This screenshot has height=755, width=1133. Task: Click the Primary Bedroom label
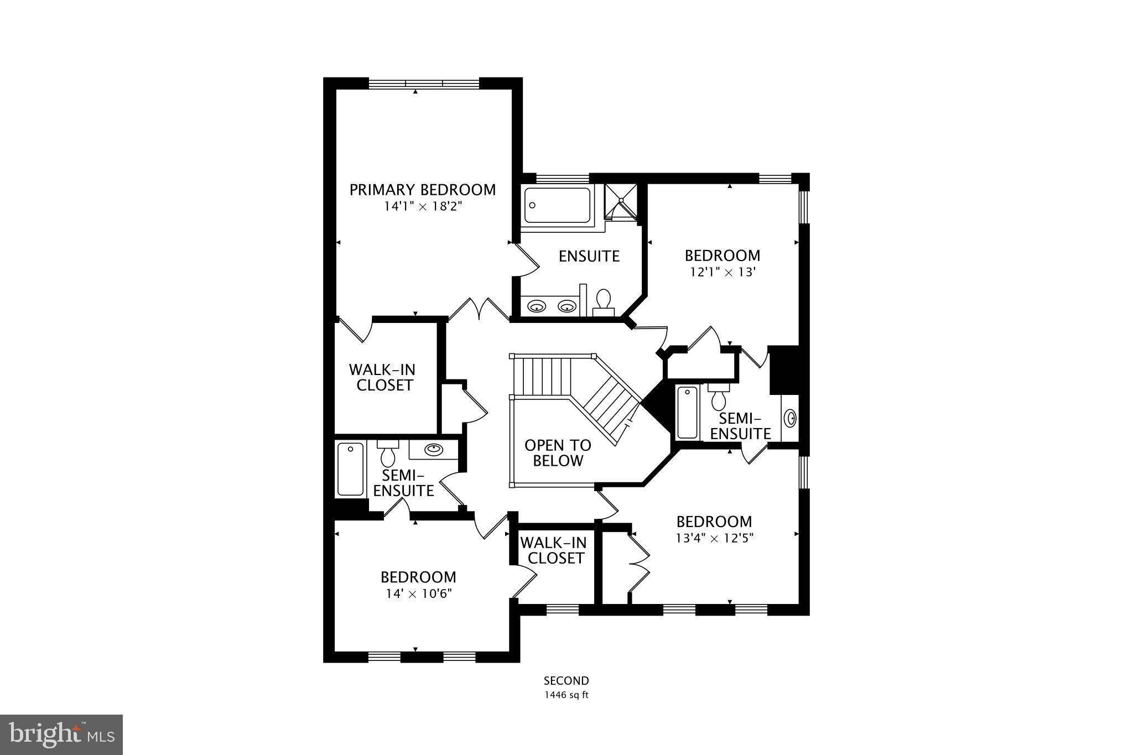pos(422,190)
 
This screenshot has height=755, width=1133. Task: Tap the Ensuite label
pos(589,256)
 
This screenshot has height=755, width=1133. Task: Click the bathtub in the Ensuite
pos(557,205)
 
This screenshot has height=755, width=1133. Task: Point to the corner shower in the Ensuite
pos(621,202)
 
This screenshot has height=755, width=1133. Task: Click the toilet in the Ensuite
pos(604,301)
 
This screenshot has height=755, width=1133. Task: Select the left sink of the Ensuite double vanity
pos(536,305)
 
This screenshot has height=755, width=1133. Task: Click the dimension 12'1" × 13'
pos(723,272)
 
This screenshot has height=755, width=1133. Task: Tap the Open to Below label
pos(558,453)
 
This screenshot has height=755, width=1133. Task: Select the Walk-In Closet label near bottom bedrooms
pos(553,550)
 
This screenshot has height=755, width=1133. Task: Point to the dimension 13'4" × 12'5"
pos(715,538)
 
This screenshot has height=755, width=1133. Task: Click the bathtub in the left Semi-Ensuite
pos(350,468)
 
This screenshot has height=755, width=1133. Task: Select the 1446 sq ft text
pos(566,695)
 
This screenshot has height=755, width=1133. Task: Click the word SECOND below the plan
pos(566,681)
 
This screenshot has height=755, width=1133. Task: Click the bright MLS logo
pos(61,735)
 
